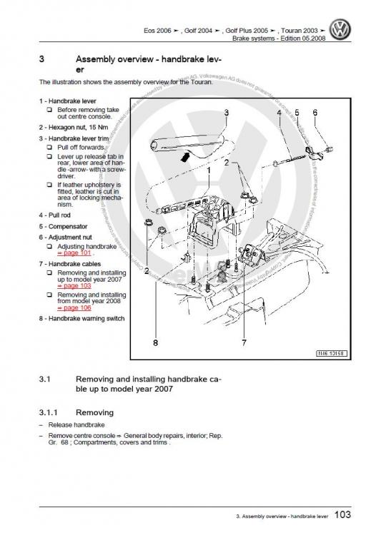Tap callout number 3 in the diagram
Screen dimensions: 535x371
(226, 113)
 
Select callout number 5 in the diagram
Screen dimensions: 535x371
(297, 113)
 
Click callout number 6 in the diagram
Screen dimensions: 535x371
(315, 113)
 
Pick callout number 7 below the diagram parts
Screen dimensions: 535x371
(244, 343)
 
